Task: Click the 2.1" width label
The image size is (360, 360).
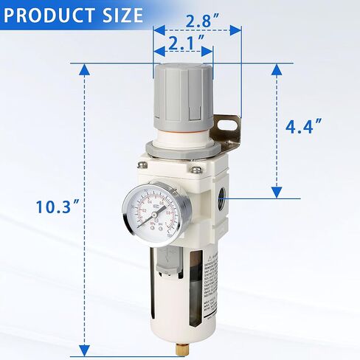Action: [x=183, y=44]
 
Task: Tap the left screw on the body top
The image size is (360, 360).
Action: [x=142, y=159]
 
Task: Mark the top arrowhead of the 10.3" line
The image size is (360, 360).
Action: [x=85, y=69]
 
